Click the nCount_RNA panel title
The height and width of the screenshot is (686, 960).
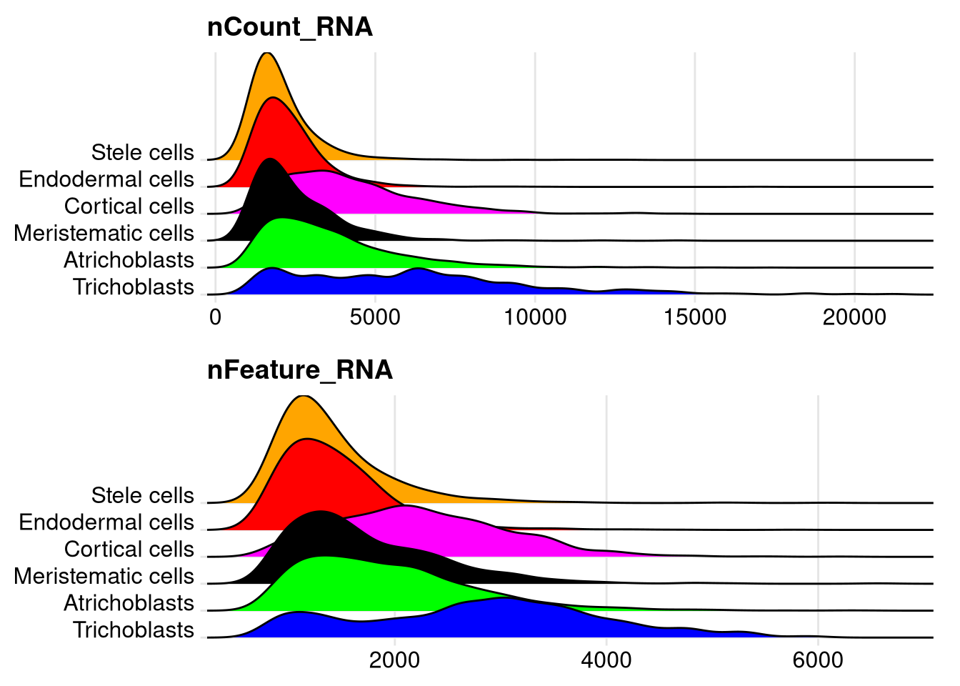[289, 27]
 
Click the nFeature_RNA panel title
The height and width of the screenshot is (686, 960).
[299, 370]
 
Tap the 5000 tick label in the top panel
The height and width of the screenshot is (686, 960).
[375, 317]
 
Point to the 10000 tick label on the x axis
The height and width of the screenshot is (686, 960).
[535, 317]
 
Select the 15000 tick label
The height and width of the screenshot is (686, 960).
[694, 317]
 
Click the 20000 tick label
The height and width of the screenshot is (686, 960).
[854, 317]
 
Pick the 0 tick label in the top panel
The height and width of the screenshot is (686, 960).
[216, 317]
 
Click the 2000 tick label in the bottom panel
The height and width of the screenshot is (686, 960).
[394, 660]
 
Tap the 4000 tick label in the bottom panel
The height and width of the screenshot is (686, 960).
[606, 660]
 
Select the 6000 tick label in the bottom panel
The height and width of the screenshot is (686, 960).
[818, 660]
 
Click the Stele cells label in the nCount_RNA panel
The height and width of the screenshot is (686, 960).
[142, 152]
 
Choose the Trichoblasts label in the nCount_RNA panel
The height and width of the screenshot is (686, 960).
[133, 287]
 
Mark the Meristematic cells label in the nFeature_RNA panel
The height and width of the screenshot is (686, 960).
[104, 576]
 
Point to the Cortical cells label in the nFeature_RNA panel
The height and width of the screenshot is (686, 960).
[129, 549]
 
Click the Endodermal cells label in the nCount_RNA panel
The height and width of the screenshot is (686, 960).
[106, 179]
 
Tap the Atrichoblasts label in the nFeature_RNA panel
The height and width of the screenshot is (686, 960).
[129, 603]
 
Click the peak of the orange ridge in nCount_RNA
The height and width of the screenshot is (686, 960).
[266, 54]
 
